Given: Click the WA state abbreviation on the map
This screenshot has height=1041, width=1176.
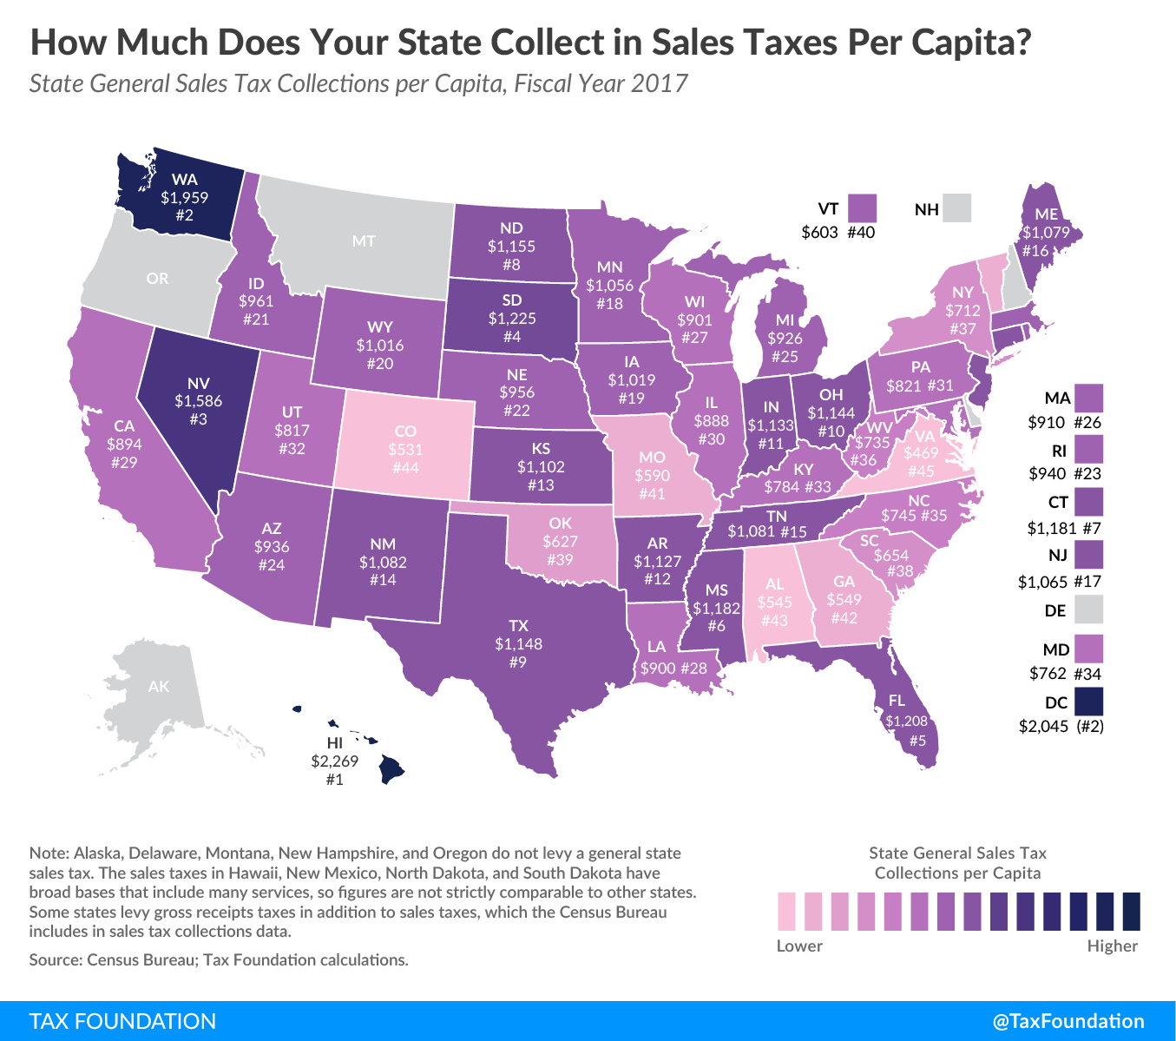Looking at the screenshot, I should click(x=185, y=180).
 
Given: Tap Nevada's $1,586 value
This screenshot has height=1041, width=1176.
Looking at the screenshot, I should click(x=198, y=401).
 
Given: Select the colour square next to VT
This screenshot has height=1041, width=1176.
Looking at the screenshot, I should click(x=863, y=208).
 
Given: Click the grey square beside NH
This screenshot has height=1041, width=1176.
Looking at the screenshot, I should click(x=957, y=208).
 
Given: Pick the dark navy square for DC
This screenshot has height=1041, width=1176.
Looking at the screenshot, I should click(x=1088, y=702).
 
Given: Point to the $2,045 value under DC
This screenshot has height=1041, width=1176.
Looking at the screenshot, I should click(x=1043, y=727).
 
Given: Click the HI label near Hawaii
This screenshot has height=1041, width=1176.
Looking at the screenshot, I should click(x=335, y=743).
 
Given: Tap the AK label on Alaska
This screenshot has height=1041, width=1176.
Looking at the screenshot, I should click(x=159, y=687).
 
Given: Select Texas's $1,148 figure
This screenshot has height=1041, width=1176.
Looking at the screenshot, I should click(x=518, y=643).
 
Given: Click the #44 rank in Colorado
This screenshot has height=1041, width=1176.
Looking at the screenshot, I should click(x=405, y=468).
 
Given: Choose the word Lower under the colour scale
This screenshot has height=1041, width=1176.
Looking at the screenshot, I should click(x=799, y=945).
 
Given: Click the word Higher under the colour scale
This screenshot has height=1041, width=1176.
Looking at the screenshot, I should click(x=1112, y=945).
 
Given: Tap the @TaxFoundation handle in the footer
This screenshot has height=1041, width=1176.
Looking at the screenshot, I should click(x=1068, y=1021).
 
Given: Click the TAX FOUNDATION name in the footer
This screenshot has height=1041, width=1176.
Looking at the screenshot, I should click(x=122, y=1021).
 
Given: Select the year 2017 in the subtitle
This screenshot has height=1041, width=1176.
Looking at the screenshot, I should click(x=659, y=83).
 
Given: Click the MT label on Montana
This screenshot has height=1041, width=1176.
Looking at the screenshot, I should click(x=364, y=240).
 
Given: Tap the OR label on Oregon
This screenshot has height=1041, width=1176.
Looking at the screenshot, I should click(x=158, y=279).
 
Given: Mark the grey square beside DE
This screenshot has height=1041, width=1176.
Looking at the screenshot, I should click(x=1088, y=609).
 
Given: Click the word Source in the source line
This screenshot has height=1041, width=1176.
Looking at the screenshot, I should click(x=55, y=960).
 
